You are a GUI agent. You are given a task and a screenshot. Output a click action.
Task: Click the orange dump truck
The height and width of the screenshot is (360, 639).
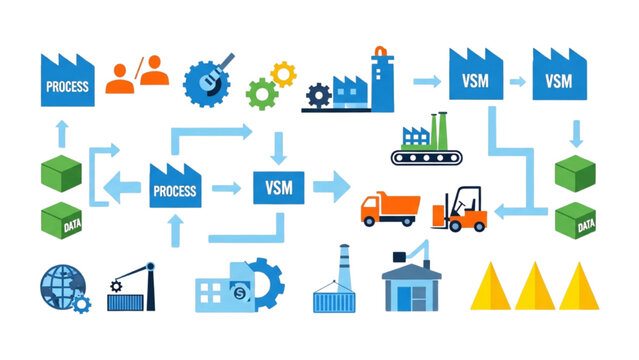click(x=389, y=209)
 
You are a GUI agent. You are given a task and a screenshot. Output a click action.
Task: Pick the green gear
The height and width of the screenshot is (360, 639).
click(x=262, y=94)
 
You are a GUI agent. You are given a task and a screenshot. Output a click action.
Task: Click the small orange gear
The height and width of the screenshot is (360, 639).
click(x=284, y=73)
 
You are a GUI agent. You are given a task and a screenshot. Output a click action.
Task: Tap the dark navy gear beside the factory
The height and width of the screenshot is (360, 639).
click(x=318, y=96)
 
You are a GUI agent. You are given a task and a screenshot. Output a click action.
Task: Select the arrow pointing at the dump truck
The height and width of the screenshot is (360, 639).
click(x=333, y=185)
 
